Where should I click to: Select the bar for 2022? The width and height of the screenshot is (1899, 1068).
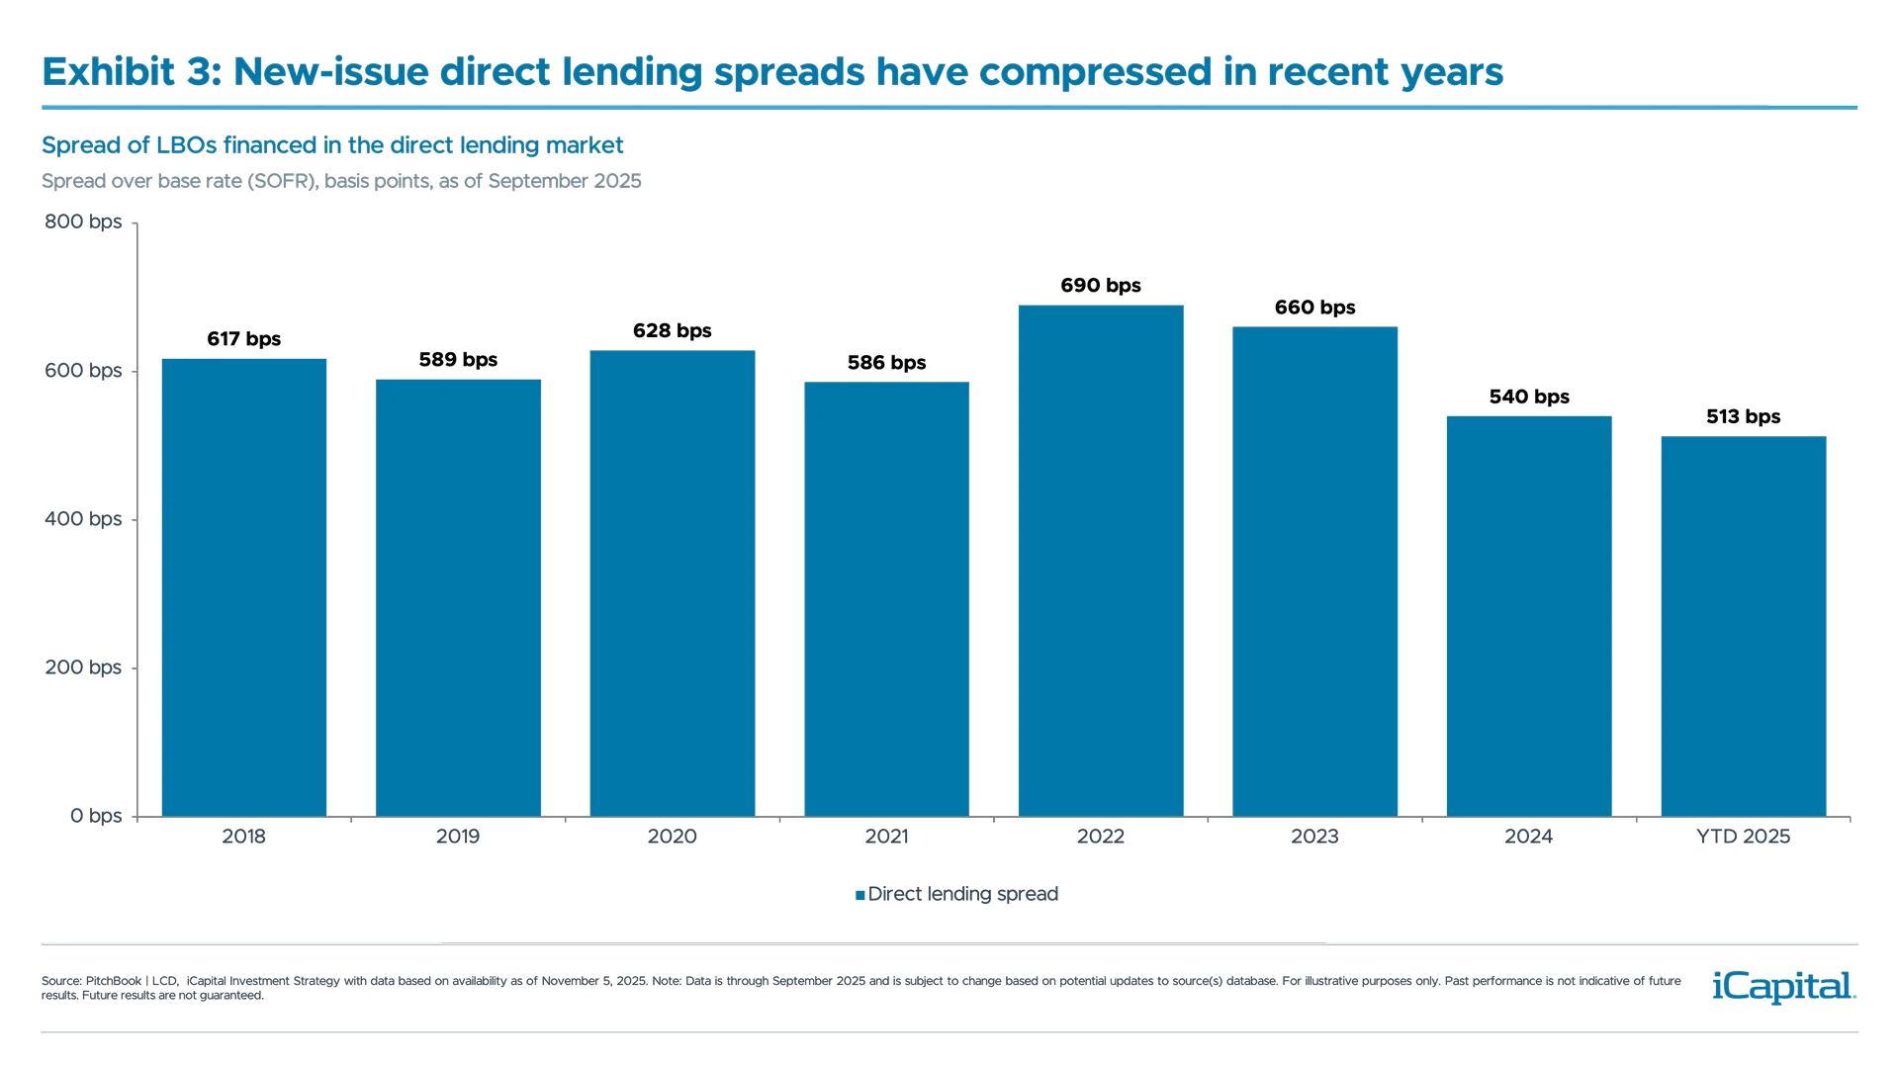tap(1101, 560)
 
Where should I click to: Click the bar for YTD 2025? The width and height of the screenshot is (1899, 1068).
tap(1744, 626)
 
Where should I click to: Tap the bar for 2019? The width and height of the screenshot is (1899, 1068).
tap(458, 597)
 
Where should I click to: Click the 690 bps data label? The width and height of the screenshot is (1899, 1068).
tap(1101, 285)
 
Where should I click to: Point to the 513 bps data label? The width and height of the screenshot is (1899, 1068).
tap(1744, 416)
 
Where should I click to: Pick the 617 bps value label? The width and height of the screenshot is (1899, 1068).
tap(244, 339)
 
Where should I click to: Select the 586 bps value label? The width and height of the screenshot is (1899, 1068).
tap(886, 362)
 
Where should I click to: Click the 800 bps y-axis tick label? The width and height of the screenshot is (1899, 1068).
tap(83, 222)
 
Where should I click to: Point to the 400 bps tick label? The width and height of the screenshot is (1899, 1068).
tap(83, 518)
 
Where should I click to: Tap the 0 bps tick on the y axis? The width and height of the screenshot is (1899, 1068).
tap(96, 816)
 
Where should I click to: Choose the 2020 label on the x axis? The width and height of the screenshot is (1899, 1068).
tap(672, 837)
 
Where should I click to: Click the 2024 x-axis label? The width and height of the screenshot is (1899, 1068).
tap(1528, 837)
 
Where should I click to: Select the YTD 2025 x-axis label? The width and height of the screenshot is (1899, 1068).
tap(1744, 837)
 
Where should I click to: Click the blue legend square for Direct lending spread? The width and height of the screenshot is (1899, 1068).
tap(859, 895)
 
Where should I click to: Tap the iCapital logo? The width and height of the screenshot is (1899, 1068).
tap(1780, 986)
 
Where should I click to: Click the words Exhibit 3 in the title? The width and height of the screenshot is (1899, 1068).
tap(131, 72)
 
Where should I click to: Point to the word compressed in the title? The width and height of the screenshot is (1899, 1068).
tap(1095, 72)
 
